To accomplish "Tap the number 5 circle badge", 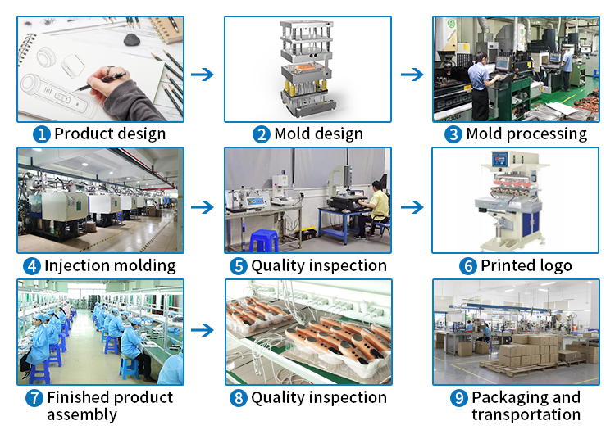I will pyautogui.click(x=238, y=265).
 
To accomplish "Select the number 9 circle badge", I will pyautogui.click(x=458, y=398).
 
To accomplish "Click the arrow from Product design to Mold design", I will pyautogui.click(x=203, y=75).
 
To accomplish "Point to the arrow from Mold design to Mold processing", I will pyautogui.click(x=412, y=75).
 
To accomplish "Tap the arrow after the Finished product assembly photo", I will pyautogui.click(x=203, y=330).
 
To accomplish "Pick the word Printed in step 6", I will pyautogui.click(x=508, y=265).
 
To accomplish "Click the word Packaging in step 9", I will pyautogui.click(x=510, y=398).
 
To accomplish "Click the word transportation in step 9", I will pyautogui.click(x=526, y=414).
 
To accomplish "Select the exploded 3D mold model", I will pyautogui.click(x=307, y=70).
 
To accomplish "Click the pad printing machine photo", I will pyautogui.click(x=515, y=201).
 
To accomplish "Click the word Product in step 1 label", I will pyautogui.click(x=81, y=134).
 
